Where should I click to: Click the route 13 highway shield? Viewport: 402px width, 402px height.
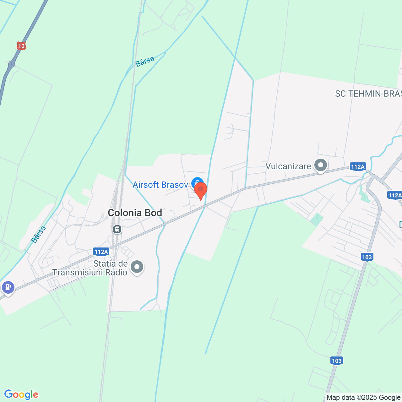click(21, 46)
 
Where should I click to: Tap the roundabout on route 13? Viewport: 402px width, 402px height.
click(12, 64)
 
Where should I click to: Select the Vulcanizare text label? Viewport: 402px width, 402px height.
click(288, 166)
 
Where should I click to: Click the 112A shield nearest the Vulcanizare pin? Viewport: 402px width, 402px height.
click(358, 166)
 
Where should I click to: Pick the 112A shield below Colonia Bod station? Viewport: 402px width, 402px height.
click(101, 252)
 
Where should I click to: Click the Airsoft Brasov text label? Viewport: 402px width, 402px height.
click(160, 185)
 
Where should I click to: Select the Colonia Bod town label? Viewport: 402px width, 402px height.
click(135, 213)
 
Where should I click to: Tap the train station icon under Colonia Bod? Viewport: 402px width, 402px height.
click(117, 229)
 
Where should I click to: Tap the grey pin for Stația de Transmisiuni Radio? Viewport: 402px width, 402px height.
click(137, 267)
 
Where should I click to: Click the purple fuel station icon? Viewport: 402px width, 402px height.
click(8, 287)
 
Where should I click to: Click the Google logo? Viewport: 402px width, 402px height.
click(21, 394)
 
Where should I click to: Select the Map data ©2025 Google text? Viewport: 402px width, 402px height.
click(363, 398)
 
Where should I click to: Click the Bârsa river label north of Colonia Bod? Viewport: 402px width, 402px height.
click(145, 61)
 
